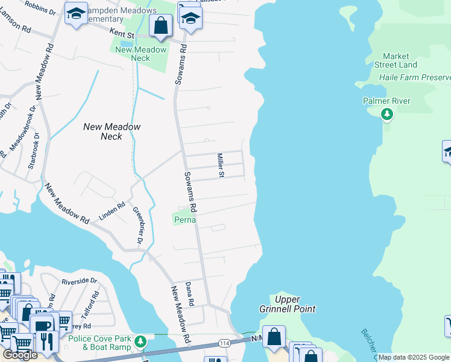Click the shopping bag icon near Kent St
point(160,26)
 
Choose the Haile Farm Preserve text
point(415,78)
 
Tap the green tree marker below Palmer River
point(386,115)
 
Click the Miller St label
point(221,165)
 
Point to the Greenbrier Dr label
point(138,225)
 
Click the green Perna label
point(185,220)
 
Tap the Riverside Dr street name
point(78,281)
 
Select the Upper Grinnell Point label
point(295,304)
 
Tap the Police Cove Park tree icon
point(140,341)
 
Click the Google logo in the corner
point(20,355)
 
